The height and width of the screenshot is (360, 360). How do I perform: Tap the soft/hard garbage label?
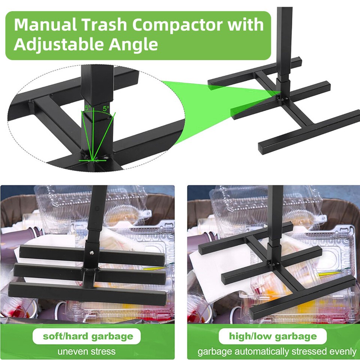coord(88,336)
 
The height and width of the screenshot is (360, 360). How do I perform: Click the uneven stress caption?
coord(87,352)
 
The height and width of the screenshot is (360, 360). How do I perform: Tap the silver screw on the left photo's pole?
coord(90,252)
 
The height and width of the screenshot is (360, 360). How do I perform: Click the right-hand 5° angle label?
coord(106,109)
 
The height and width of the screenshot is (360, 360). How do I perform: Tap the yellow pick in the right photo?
coord(330,274)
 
